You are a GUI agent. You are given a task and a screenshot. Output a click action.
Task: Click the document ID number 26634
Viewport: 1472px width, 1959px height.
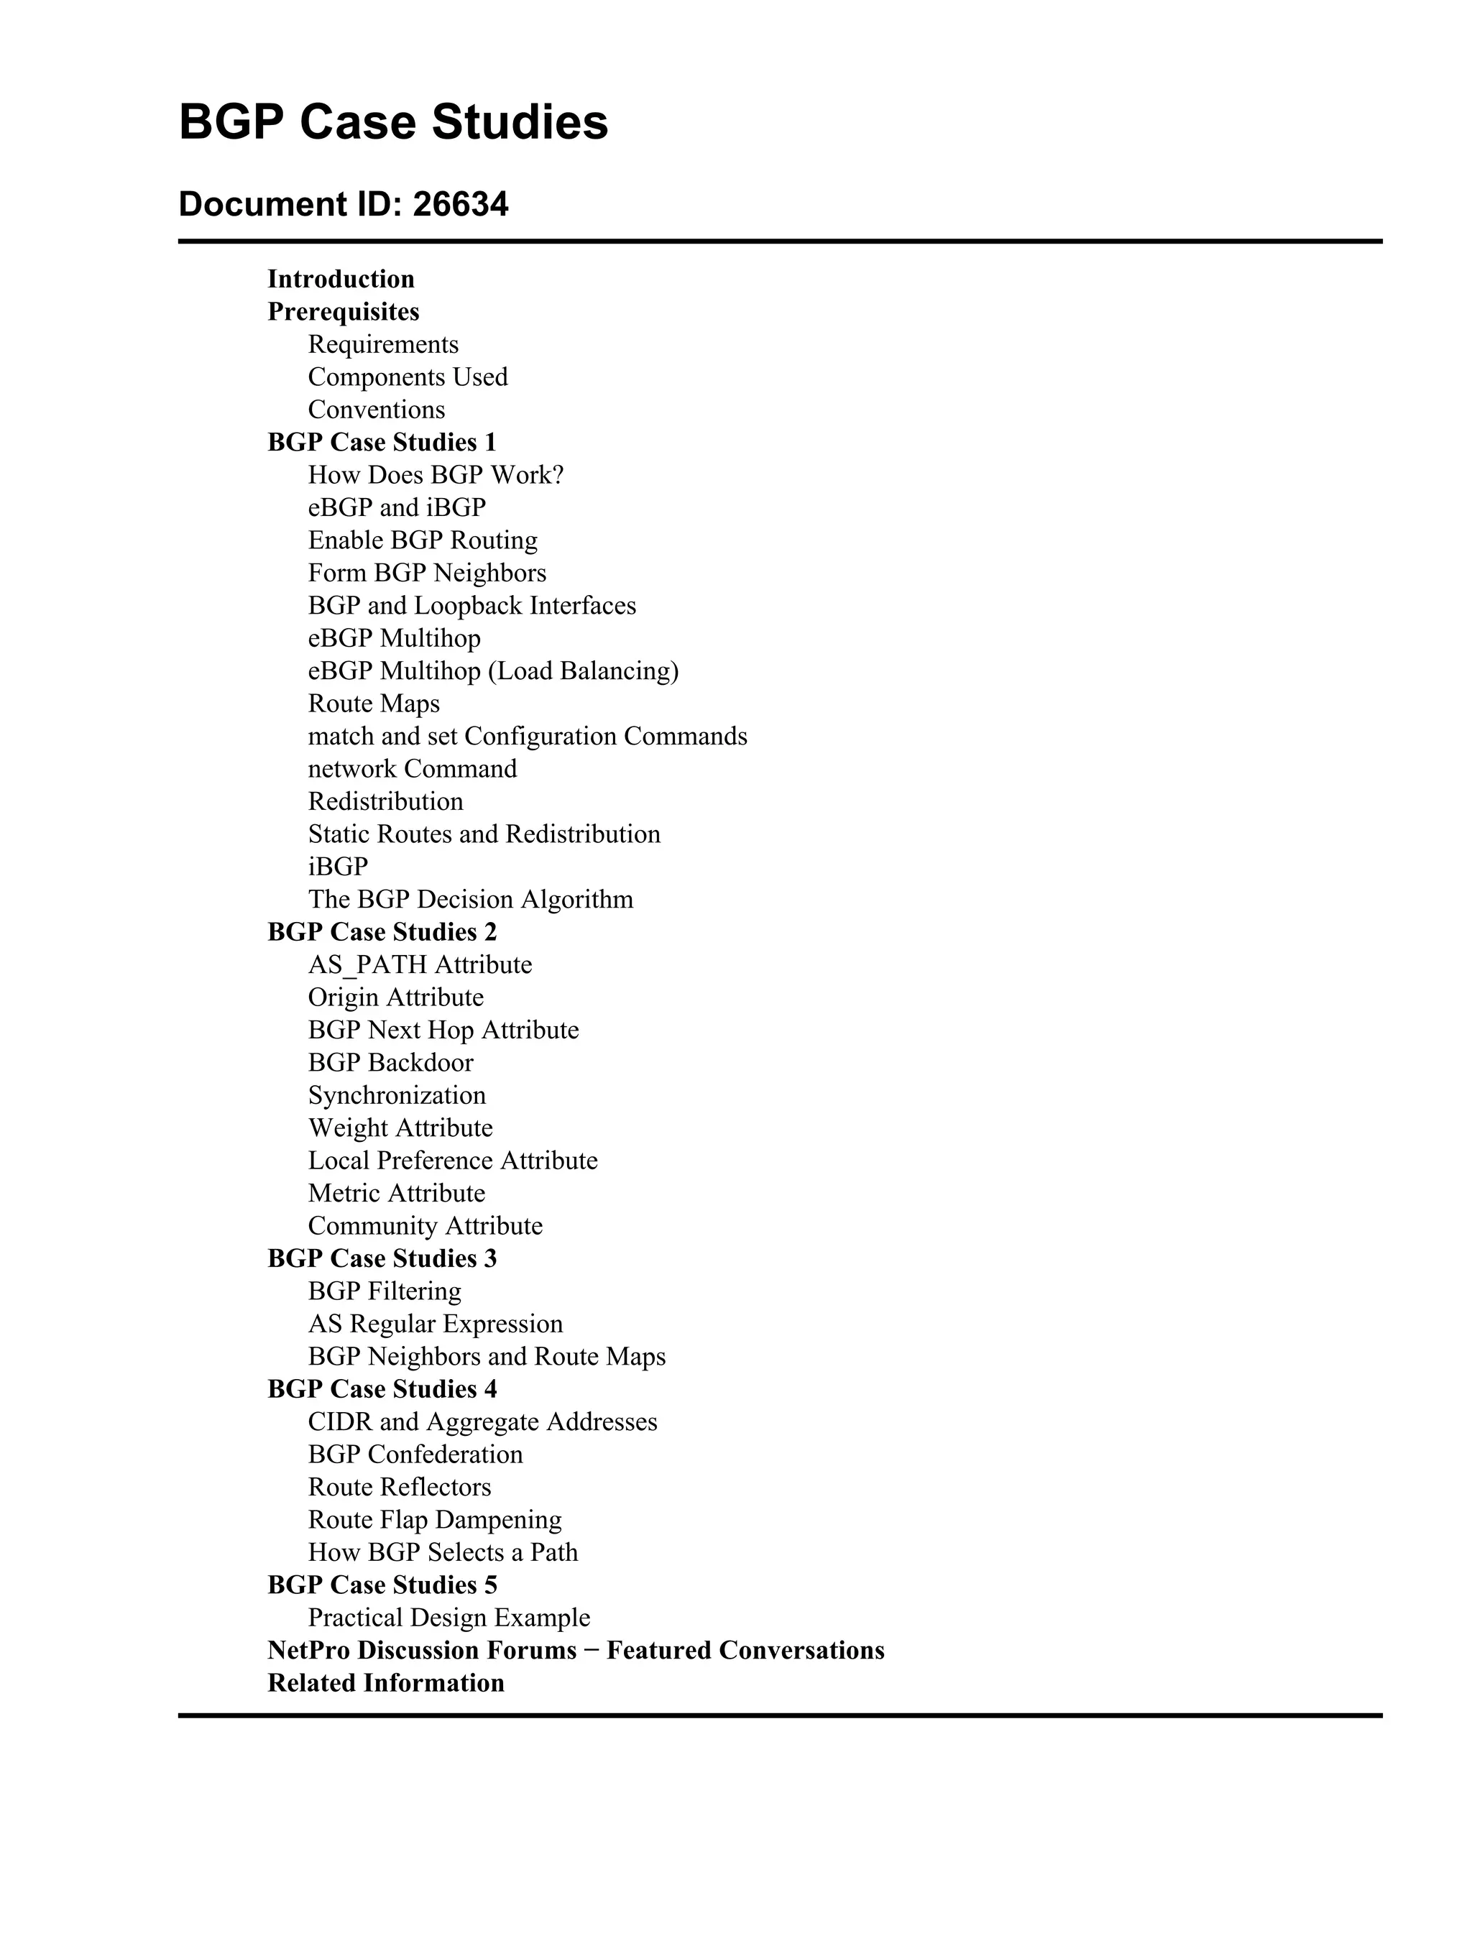coord(461,205)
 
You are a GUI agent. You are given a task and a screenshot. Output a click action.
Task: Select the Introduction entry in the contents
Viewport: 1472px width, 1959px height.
coord(341,279)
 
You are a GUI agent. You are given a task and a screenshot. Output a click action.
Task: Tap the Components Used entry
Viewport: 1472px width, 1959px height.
coord(408,377)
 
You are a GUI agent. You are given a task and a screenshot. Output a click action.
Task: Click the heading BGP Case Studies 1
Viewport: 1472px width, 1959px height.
coord(382,442)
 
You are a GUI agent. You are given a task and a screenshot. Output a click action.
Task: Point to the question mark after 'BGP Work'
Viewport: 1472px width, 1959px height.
coord(558,476)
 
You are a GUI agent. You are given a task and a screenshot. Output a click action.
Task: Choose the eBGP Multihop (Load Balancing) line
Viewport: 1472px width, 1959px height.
coord(492,671)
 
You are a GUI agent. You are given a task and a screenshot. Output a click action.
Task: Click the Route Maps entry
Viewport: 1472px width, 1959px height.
coord(374,704)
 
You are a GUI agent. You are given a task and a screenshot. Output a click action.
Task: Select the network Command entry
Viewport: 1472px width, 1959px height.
coord(412,769)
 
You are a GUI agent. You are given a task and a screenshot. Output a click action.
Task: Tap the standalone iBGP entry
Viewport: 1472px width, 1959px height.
coord(337,867)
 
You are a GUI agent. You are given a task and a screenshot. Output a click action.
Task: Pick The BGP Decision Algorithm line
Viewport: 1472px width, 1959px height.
coord(470,900)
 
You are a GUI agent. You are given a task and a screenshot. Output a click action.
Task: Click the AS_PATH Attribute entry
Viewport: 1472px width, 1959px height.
coord(420,965)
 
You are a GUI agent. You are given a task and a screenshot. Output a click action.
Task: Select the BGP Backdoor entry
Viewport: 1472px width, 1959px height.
coord(390,1063)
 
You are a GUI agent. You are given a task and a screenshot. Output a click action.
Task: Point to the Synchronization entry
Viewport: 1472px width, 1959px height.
coord(397,1095)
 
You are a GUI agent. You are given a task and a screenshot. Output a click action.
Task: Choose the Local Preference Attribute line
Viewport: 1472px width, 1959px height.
coord(453,1161)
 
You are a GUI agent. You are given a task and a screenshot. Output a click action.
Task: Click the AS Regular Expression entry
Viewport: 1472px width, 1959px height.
coord(435,1324)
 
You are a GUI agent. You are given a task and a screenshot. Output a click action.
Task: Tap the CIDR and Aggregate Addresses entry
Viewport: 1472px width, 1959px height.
coord(483,1422)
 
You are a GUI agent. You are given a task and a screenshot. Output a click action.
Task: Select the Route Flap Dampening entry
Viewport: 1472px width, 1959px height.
coord(435,1520)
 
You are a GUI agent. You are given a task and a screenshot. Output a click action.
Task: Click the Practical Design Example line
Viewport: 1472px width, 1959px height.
coord(449,1618)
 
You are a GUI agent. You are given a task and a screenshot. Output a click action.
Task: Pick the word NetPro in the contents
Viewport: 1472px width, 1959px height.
coord(309,1651)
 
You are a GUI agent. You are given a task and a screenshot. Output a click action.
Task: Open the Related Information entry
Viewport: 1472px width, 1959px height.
coord(385,1684)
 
